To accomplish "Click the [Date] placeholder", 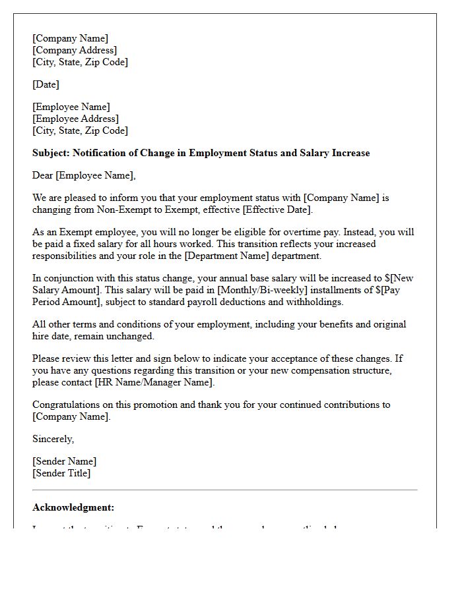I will coord(46,84).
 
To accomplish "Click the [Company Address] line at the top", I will coord(75,50).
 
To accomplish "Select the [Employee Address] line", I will coord(75,119).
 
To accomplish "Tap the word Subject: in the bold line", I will coord(51,153).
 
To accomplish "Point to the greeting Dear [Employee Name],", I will coord(84,175).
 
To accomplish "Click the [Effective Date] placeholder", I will coord(275,210).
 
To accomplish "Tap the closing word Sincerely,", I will coord(53,439).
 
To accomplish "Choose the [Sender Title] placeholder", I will coord(61,473).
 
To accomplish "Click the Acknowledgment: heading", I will coord(73,507).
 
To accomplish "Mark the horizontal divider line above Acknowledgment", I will coord(224,490).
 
